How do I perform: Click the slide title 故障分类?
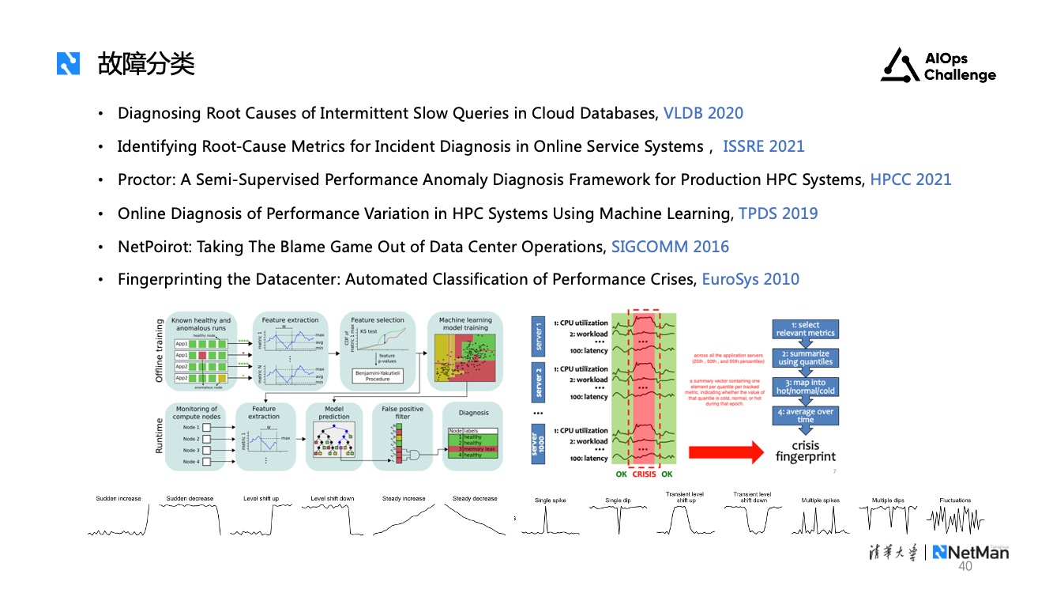(x=146, y=63)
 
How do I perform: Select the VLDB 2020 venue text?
(x=703, y=113)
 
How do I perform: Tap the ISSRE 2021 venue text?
(x=763, y=146)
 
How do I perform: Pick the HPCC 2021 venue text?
(x=910, y=179)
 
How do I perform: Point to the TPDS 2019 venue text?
(x=778, y=213)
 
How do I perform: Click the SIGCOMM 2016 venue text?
(x=670, y=247)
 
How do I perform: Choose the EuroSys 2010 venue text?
(x=750, y=279)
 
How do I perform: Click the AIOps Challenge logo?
(x=938, y=66)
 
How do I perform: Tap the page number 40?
(x=965, y=567)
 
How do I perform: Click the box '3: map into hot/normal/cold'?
(x=805, y=387)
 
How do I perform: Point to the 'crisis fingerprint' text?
(x=805, y=451)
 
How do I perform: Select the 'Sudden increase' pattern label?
(x=118, y=499)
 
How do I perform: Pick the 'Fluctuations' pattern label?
(x=955, y=500)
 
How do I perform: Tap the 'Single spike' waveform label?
(x=550, y=500)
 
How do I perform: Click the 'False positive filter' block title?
(x=403, y=414)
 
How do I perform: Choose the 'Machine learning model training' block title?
(x=464, y=324)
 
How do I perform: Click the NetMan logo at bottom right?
(x=970, y=553)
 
